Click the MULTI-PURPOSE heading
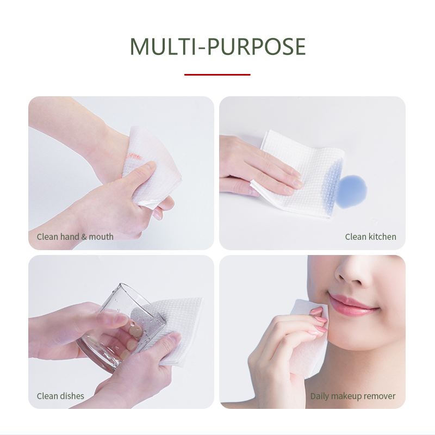coord(218,46)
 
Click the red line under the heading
coord(217,74)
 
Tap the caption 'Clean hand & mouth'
coord(75,237)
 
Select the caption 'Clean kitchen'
coord(370,237)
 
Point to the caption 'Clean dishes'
coord(60,396)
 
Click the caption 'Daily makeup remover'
coord(352,396)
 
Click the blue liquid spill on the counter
coord(352,192)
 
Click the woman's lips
coord(352,304)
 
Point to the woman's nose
coord(352,273)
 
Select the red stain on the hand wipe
coord(134,156)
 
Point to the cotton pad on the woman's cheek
coord(308,335)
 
